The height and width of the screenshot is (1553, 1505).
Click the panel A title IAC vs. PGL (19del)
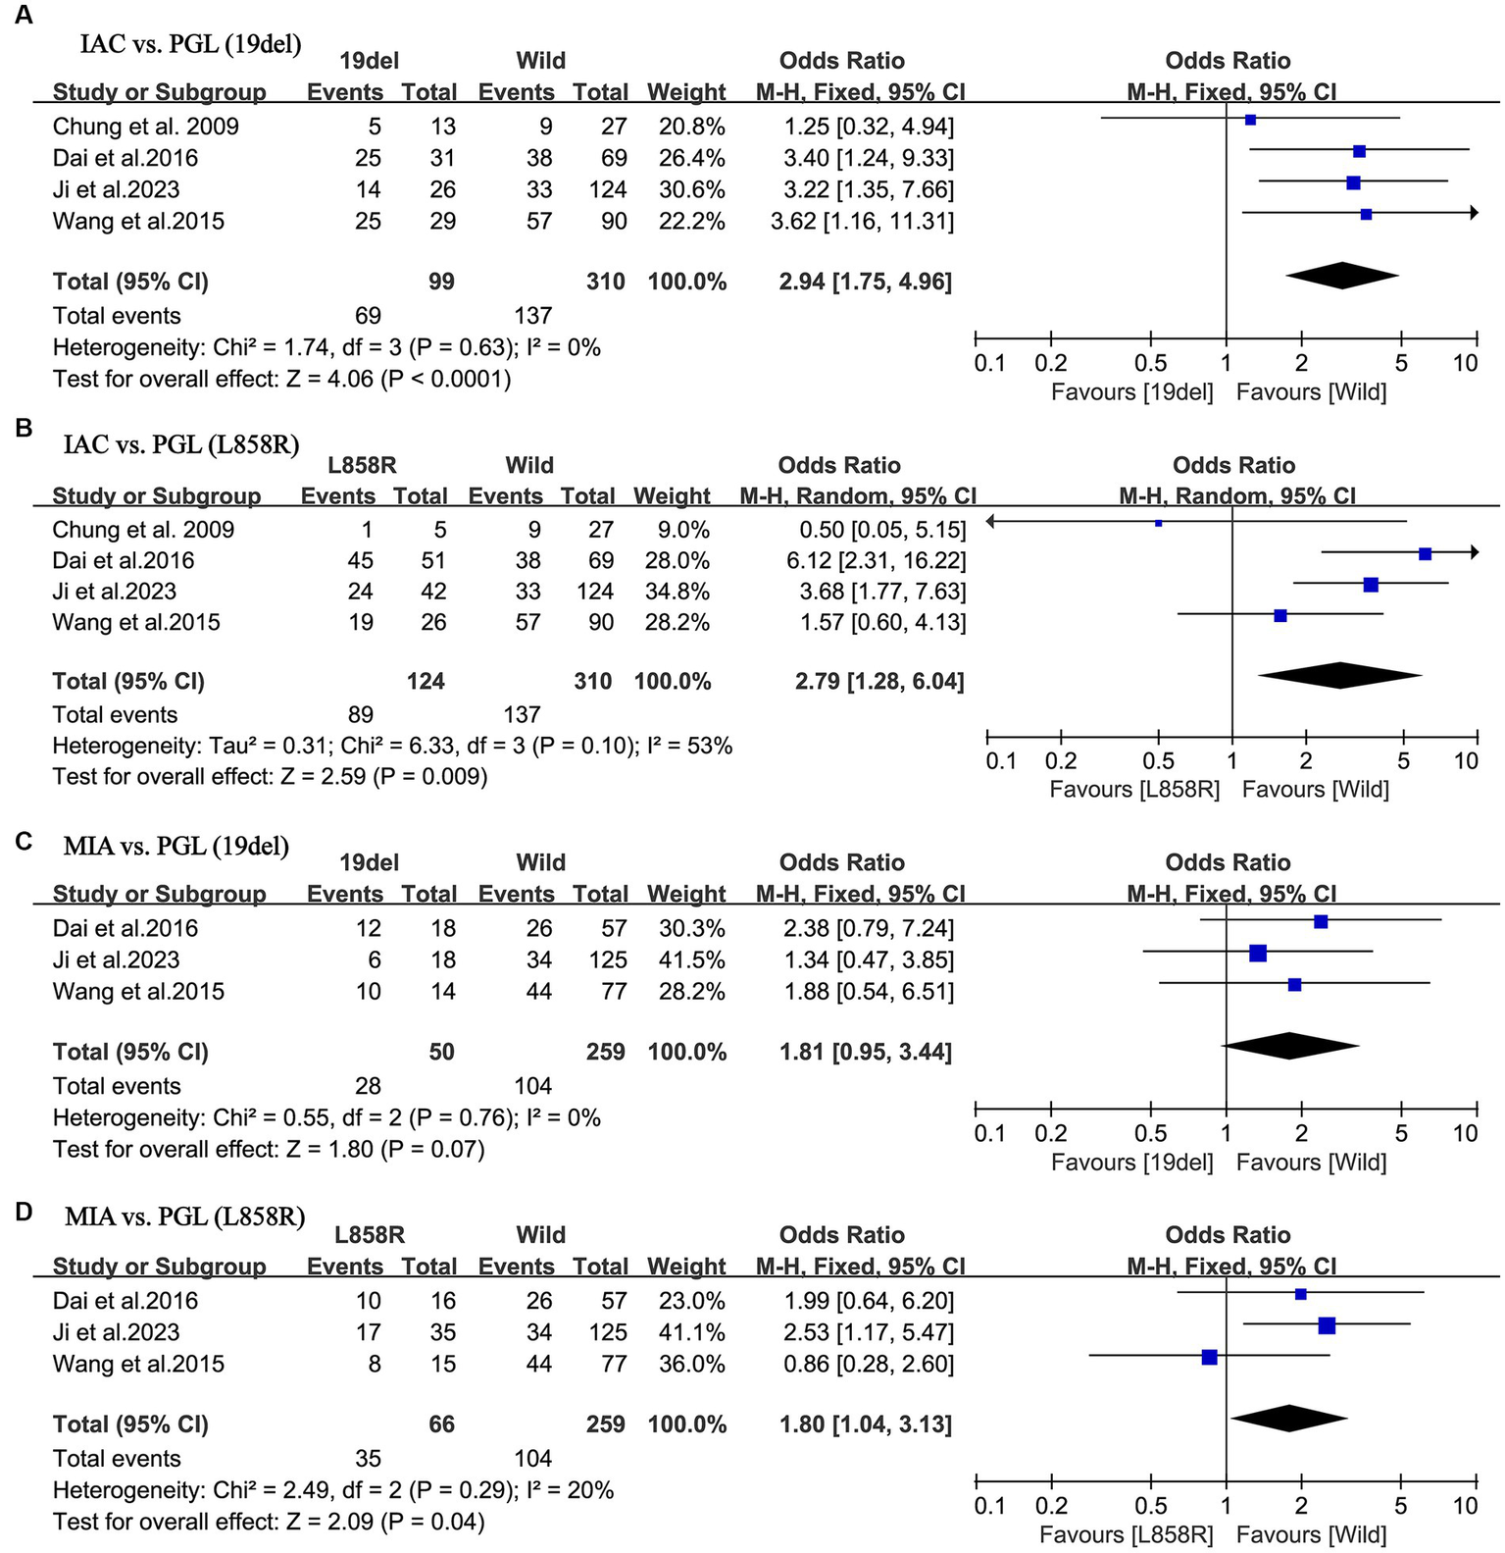pyautogui.click(x=190, y=43)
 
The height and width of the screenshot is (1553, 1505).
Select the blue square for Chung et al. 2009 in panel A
pyautogui.click(x=1250, y=120)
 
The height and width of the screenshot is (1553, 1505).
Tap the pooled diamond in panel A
pyautogui.click(x=1341, y=276)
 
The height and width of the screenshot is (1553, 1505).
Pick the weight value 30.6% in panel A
pyautogui.click(x=691, y=189)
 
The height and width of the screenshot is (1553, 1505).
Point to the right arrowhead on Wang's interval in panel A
pyautogui.click(x=1474, y=212)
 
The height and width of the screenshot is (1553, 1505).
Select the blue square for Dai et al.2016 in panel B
pyautogui.click(x=1425, y=554)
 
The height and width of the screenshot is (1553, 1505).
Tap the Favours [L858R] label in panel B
pyautogui.click(x=1134, y=790)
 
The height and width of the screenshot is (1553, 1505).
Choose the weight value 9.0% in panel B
pyautogui.click(x=683, y=530)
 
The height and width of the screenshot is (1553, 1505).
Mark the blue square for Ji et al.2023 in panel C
pyautogui.click(x=1258, y=953)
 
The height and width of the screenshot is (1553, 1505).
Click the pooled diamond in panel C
pyautogui.click(x=1290, y=1046)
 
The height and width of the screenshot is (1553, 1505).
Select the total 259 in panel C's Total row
pyautogui.click(x=605, y=1052)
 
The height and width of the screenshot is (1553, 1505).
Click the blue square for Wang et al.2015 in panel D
pyautogui.click(x=1209, y=1357)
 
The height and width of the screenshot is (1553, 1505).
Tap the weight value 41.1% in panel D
pyautogui.click(x=691, y=1332)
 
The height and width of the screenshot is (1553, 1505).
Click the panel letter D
pyautogui.click(x=24, y=1212)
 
